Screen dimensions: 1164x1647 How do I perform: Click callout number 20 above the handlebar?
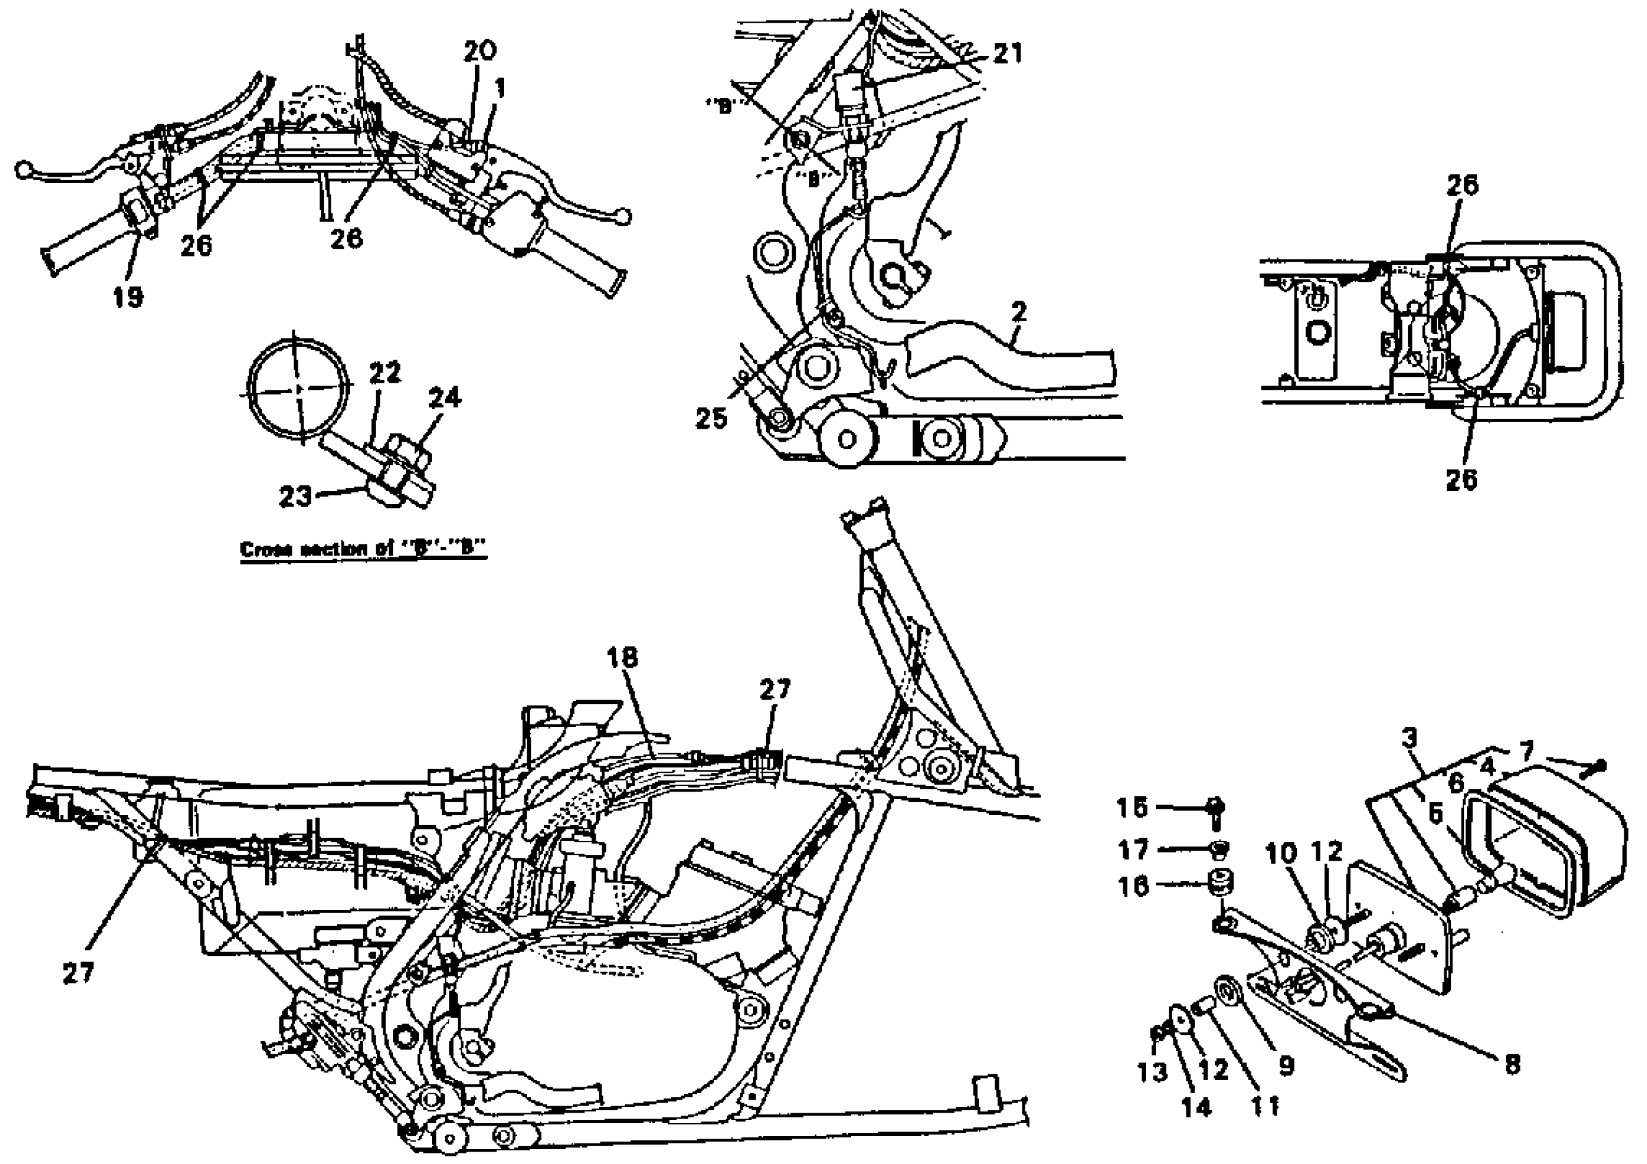[x=480, y=51]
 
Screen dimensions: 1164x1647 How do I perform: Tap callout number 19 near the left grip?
[x=128, y=296]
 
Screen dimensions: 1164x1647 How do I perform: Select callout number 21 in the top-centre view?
[x=1007, y=54]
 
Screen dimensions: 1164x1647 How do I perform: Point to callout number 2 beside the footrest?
[x=1019, y=312]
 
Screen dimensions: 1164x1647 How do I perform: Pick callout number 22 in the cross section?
[x=385, y=372]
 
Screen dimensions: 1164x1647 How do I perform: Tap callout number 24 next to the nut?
[x=445, y=397]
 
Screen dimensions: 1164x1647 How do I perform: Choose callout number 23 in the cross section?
[x=295, y=496]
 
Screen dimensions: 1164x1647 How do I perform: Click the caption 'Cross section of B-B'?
[x=363, y=550]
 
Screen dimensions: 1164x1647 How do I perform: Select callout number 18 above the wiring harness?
[x=623, y=657]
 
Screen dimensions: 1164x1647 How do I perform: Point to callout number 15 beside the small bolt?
[x=1133, y=808]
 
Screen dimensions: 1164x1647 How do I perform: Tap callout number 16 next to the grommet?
[x=1134, y=887]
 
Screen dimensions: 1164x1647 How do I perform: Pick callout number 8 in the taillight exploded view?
[x=1512, y=1064]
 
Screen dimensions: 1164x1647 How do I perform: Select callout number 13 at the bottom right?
[x=1153, y=1073]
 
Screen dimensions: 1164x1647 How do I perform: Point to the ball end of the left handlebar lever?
[x=23, y=170]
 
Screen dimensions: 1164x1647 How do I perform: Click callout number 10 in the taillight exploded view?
[x=1281, y=853]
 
